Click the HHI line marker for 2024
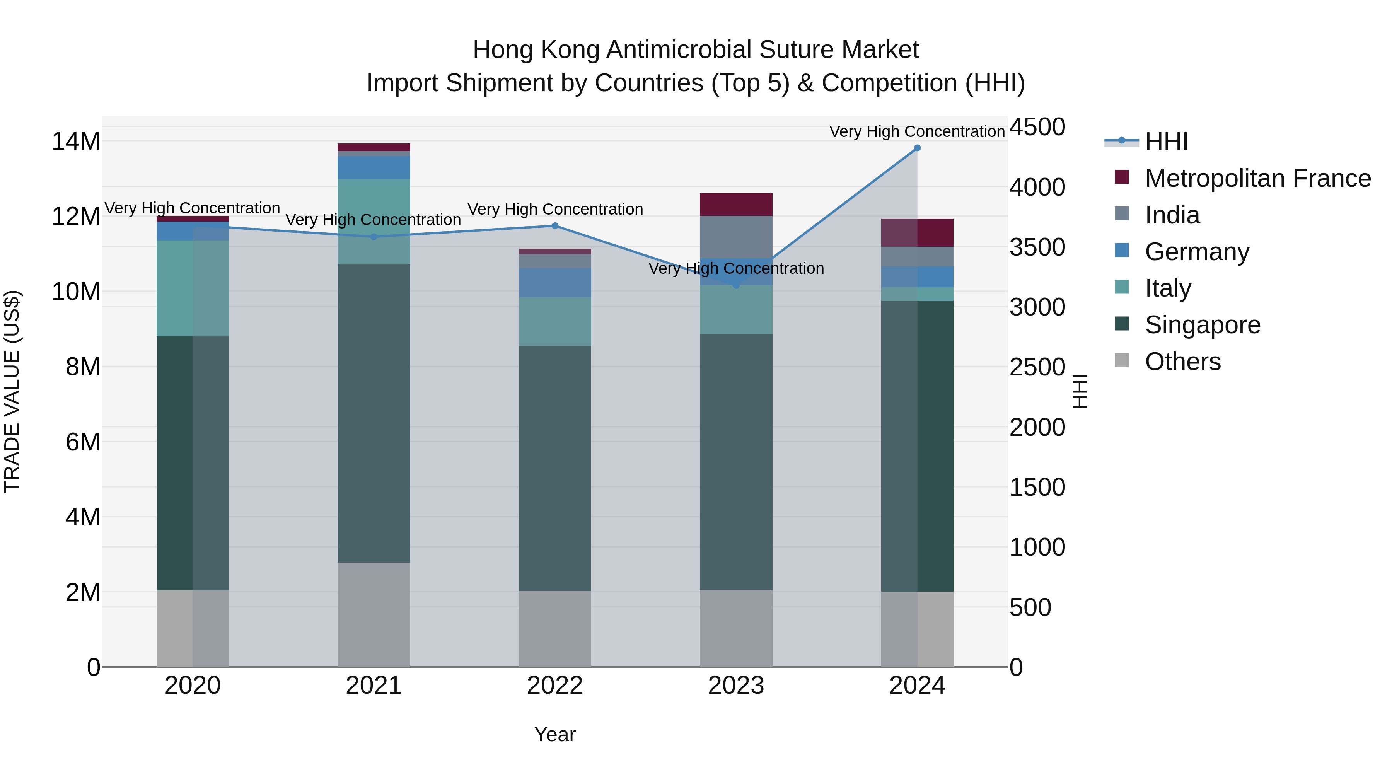(x=917, y=148)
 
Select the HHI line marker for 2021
(x=374, y=237)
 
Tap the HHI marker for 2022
(x=555, y=226)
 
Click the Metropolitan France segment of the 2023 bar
(x=736, y=204)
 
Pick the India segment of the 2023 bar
(x=736, y=237)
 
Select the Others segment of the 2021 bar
(x=374, y=614)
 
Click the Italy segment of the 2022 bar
(x=555, y=322)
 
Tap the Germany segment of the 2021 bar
(x=374, y=167)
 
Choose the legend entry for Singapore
(x=1202, y=325)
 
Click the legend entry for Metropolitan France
(x=1257, y=178)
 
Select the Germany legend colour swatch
(x=1122, y=251)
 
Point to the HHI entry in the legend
(x=1166, y=142)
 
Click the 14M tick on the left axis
(x=76, y=142)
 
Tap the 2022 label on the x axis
(x=555, y=686)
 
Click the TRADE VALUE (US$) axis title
(x=12, y=391)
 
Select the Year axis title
(x=555, y=734)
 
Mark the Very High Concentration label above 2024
(x=917, y=131)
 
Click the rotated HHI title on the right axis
(x=1079, y=391)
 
